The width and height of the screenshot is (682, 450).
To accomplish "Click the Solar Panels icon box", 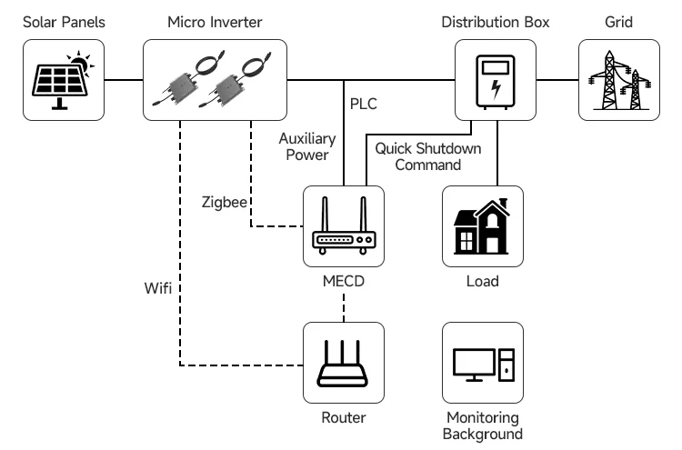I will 63,81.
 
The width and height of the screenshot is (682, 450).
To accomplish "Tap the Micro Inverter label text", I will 216,21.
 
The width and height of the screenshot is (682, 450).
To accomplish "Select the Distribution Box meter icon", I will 495,81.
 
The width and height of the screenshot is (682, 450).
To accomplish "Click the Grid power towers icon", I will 619,81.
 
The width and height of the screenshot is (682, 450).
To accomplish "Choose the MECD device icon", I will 344,225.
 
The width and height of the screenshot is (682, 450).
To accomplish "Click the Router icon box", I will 344,363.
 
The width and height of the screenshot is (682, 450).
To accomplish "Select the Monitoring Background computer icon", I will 483,363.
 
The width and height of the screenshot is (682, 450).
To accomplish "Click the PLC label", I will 363,103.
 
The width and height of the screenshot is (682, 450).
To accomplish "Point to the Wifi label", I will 158,288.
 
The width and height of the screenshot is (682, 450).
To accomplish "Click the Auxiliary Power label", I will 307,146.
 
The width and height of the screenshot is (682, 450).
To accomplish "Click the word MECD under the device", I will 344,281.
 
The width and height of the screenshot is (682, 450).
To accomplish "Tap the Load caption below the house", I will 483,281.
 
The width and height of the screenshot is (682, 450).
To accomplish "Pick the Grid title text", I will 619,21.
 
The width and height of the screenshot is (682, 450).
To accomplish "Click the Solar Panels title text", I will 63,21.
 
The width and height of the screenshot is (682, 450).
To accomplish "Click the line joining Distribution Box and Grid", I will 557,80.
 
